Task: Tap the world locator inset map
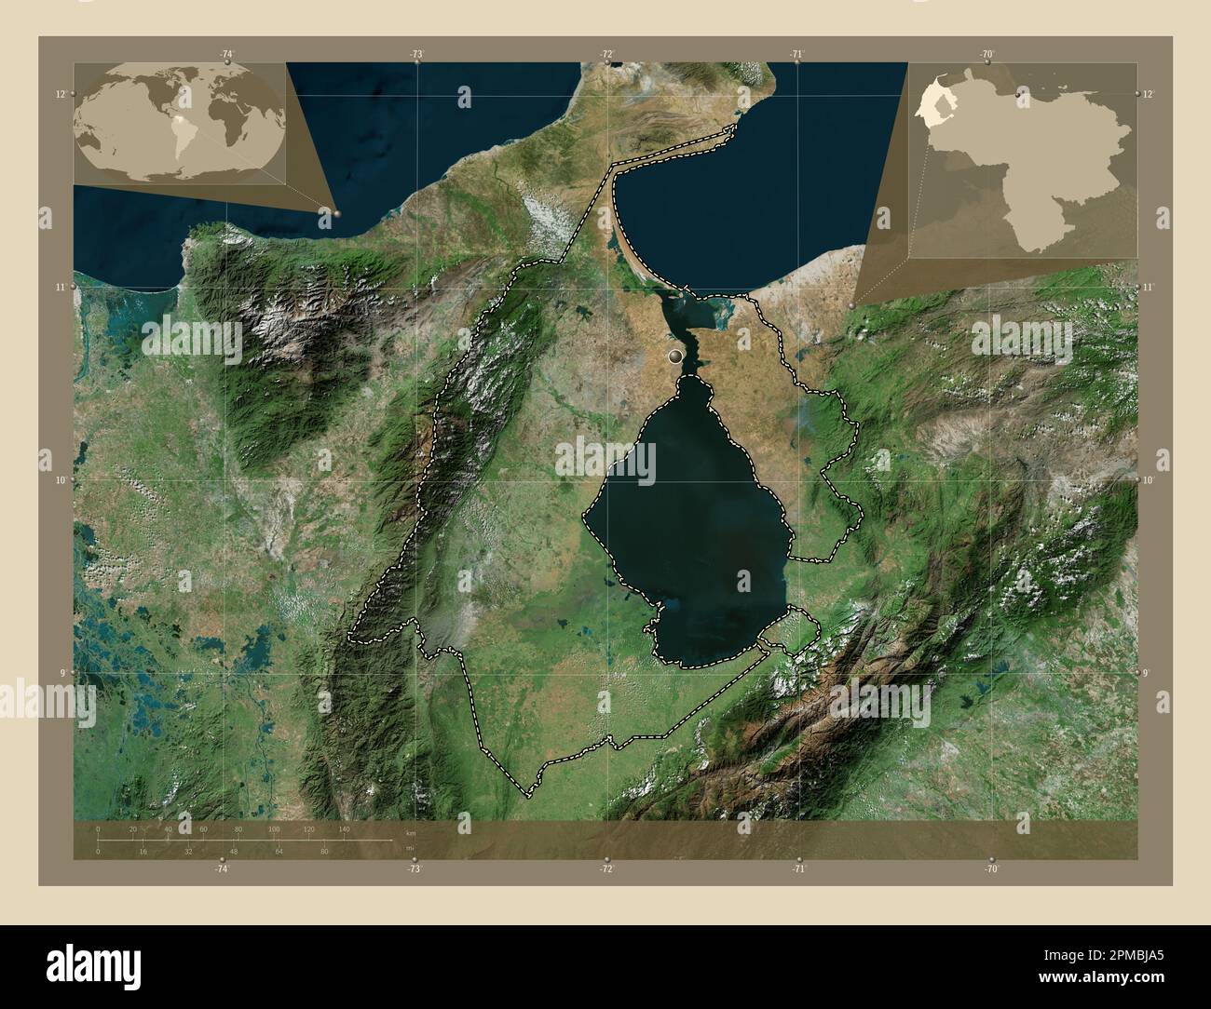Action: pos(179,123)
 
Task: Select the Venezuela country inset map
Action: pos(1024,159)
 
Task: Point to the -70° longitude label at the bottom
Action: pos(991,868)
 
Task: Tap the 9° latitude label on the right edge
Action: pos(1148,672)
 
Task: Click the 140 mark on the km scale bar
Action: pos(344,828)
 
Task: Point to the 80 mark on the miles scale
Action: pos(324,851)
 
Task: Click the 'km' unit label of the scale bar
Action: pos(411,832)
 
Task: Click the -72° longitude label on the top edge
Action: pos(607,55)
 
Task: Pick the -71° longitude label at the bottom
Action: pos(798,868)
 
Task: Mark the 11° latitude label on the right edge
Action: pos(1148,287)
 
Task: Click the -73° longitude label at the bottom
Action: pos(415,868)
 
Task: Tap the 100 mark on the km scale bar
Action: pos(274,828)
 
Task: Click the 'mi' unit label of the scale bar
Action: pos(410,848)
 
